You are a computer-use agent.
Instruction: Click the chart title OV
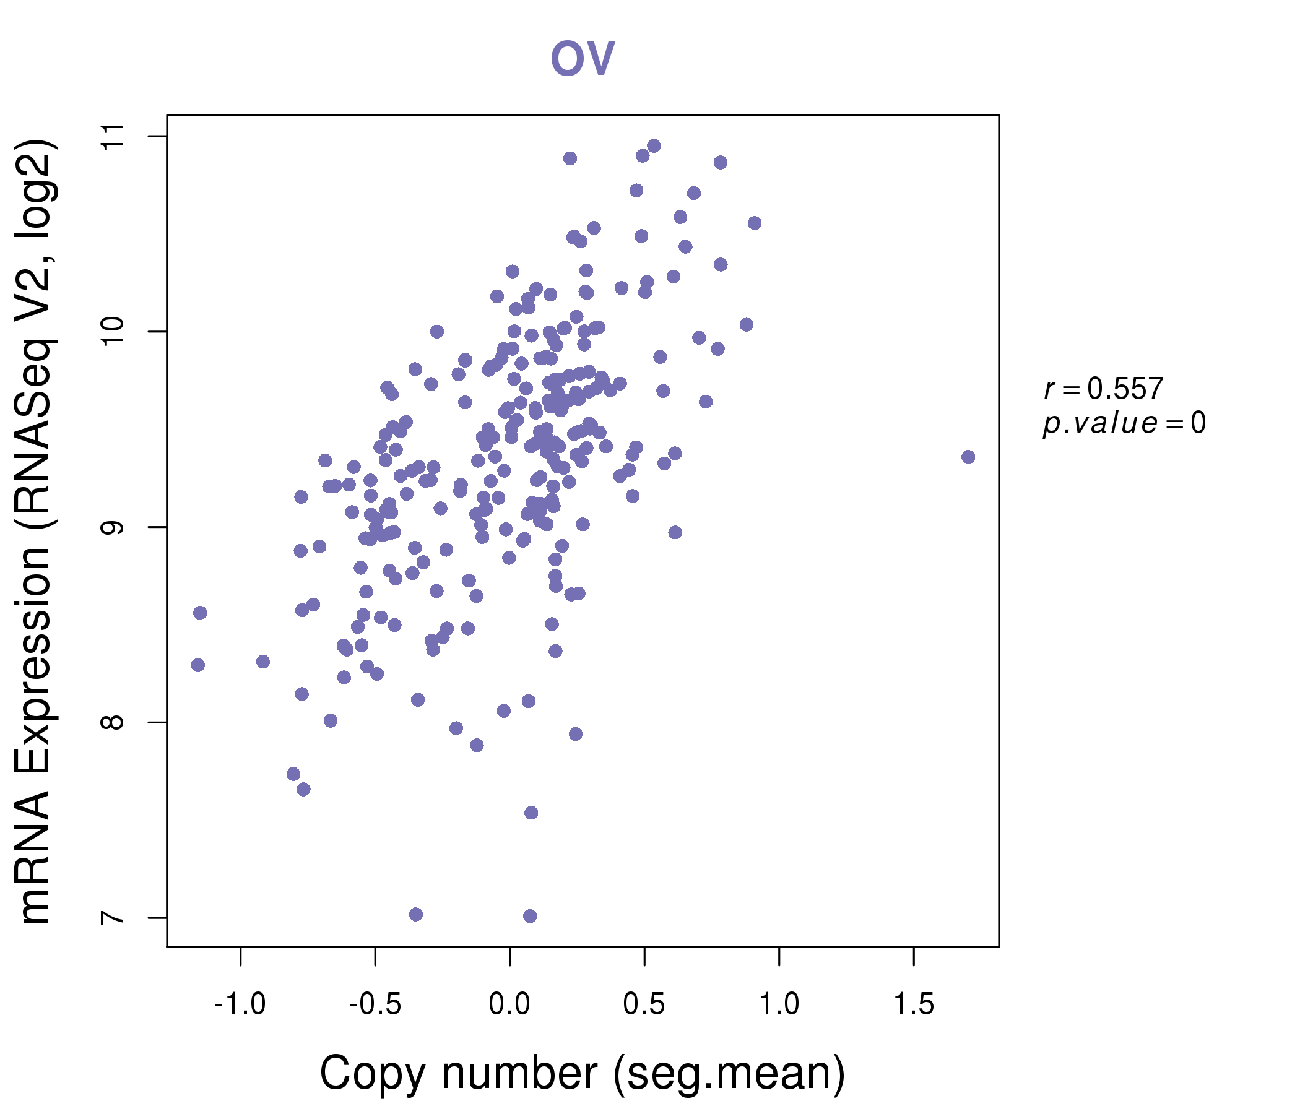[583, 58]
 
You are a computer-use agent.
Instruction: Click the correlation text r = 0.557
[1104, 389]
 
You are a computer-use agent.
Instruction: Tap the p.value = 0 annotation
[1124, 423]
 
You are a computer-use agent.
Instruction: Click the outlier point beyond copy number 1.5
[968, 457]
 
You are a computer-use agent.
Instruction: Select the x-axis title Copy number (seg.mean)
[583, 1074]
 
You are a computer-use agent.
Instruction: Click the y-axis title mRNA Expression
[37, 530]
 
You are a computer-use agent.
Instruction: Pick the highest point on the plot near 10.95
[654, 146]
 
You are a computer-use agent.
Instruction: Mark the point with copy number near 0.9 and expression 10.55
[755, 223]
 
